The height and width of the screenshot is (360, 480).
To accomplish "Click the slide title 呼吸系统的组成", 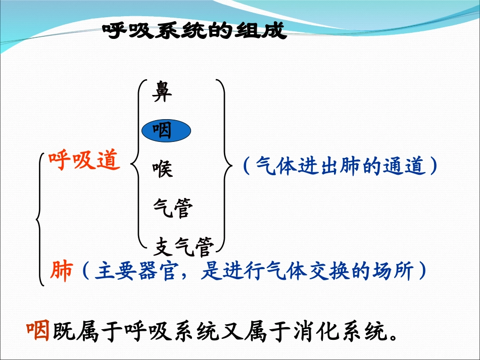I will pyautogui.click(x=195, y=32).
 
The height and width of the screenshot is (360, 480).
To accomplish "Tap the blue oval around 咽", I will pyautogui.click(x=166, y=131).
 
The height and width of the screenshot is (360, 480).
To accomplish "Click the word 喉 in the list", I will pyautogui.click(x=163, y=169).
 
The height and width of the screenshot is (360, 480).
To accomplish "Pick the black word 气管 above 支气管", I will pyautogui.click(x=173, y=208).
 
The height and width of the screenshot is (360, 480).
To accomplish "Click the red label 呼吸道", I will pyautogui.click(x=84, y=161).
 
